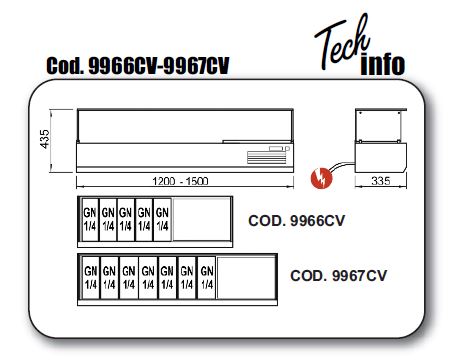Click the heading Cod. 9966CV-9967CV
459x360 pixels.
(x=138, y=66)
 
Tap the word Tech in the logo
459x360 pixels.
(x=342, y=42)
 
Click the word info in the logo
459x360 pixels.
(x=383, y=65)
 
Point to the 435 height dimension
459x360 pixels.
(x=44, y=139)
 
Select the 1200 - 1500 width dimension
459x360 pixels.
(x=180, y=181)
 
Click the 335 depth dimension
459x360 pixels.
(x=381, y=181)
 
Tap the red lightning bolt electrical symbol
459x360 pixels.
(x=321, y=178)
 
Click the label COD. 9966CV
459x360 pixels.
(x=296, y=221)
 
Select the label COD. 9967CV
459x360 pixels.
(x=338, y=276)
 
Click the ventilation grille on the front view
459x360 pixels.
(x=267, y=157)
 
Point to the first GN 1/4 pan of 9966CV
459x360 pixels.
(x=90, y=220)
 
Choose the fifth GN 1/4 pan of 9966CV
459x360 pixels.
(x=162, y=220)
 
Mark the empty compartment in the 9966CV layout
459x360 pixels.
(x=202, y=220)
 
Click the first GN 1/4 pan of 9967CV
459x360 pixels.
(x=91, y=278)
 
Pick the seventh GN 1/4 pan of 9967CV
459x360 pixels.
(x=207, y=278)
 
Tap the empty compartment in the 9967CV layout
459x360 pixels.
(x=246, y=278)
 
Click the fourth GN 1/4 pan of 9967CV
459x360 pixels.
(x=148, y=278)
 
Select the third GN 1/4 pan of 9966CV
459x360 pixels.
(x=126, y=220)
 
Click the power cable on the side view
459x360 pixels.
(x=342, y=166)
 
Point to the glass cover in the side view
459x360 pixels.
(x=380, y=125)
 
